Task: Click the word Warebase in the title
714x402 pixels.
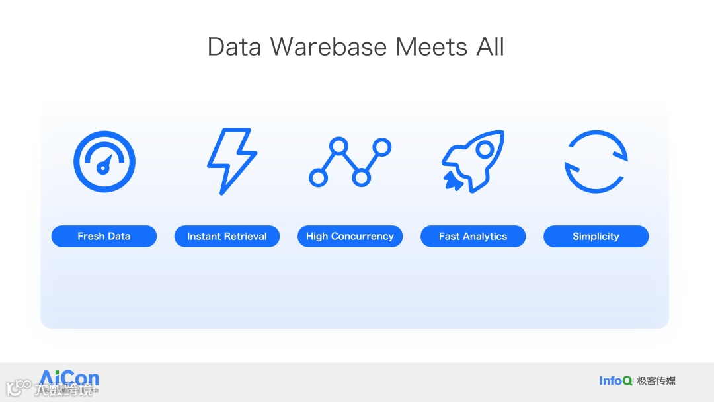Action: click(329, 47)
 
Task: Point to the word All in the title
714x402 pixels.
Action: click(490, 47)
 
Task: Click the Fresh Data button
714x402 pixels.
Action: click(104, 236)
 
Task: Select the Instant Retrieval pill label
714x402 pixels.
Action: click(227, 236)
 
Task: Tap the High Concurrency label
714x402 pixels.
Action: click(350, 236)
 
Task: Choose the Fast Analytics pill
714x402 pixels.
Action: click(473, 236)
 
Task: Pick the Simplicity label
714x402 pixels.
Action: click(596, 236)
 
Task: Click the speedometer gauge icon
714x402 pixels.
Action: click(104, 161)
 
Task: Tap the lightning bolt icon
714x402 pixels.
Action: click(231, 161)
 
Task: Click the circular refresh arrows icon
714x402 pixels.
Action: click(596, 161)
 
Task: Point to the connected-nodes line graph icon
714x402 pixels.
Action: click(350, 161)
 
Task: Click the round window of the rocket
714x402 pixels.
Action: click(485, 150)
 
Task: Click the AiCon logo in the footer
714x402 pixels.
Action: click(69, 380)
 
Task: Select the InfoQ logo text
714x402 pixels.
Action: click(615, 380)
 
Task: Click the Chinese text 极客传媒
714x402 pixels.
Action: click(656, 380)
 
